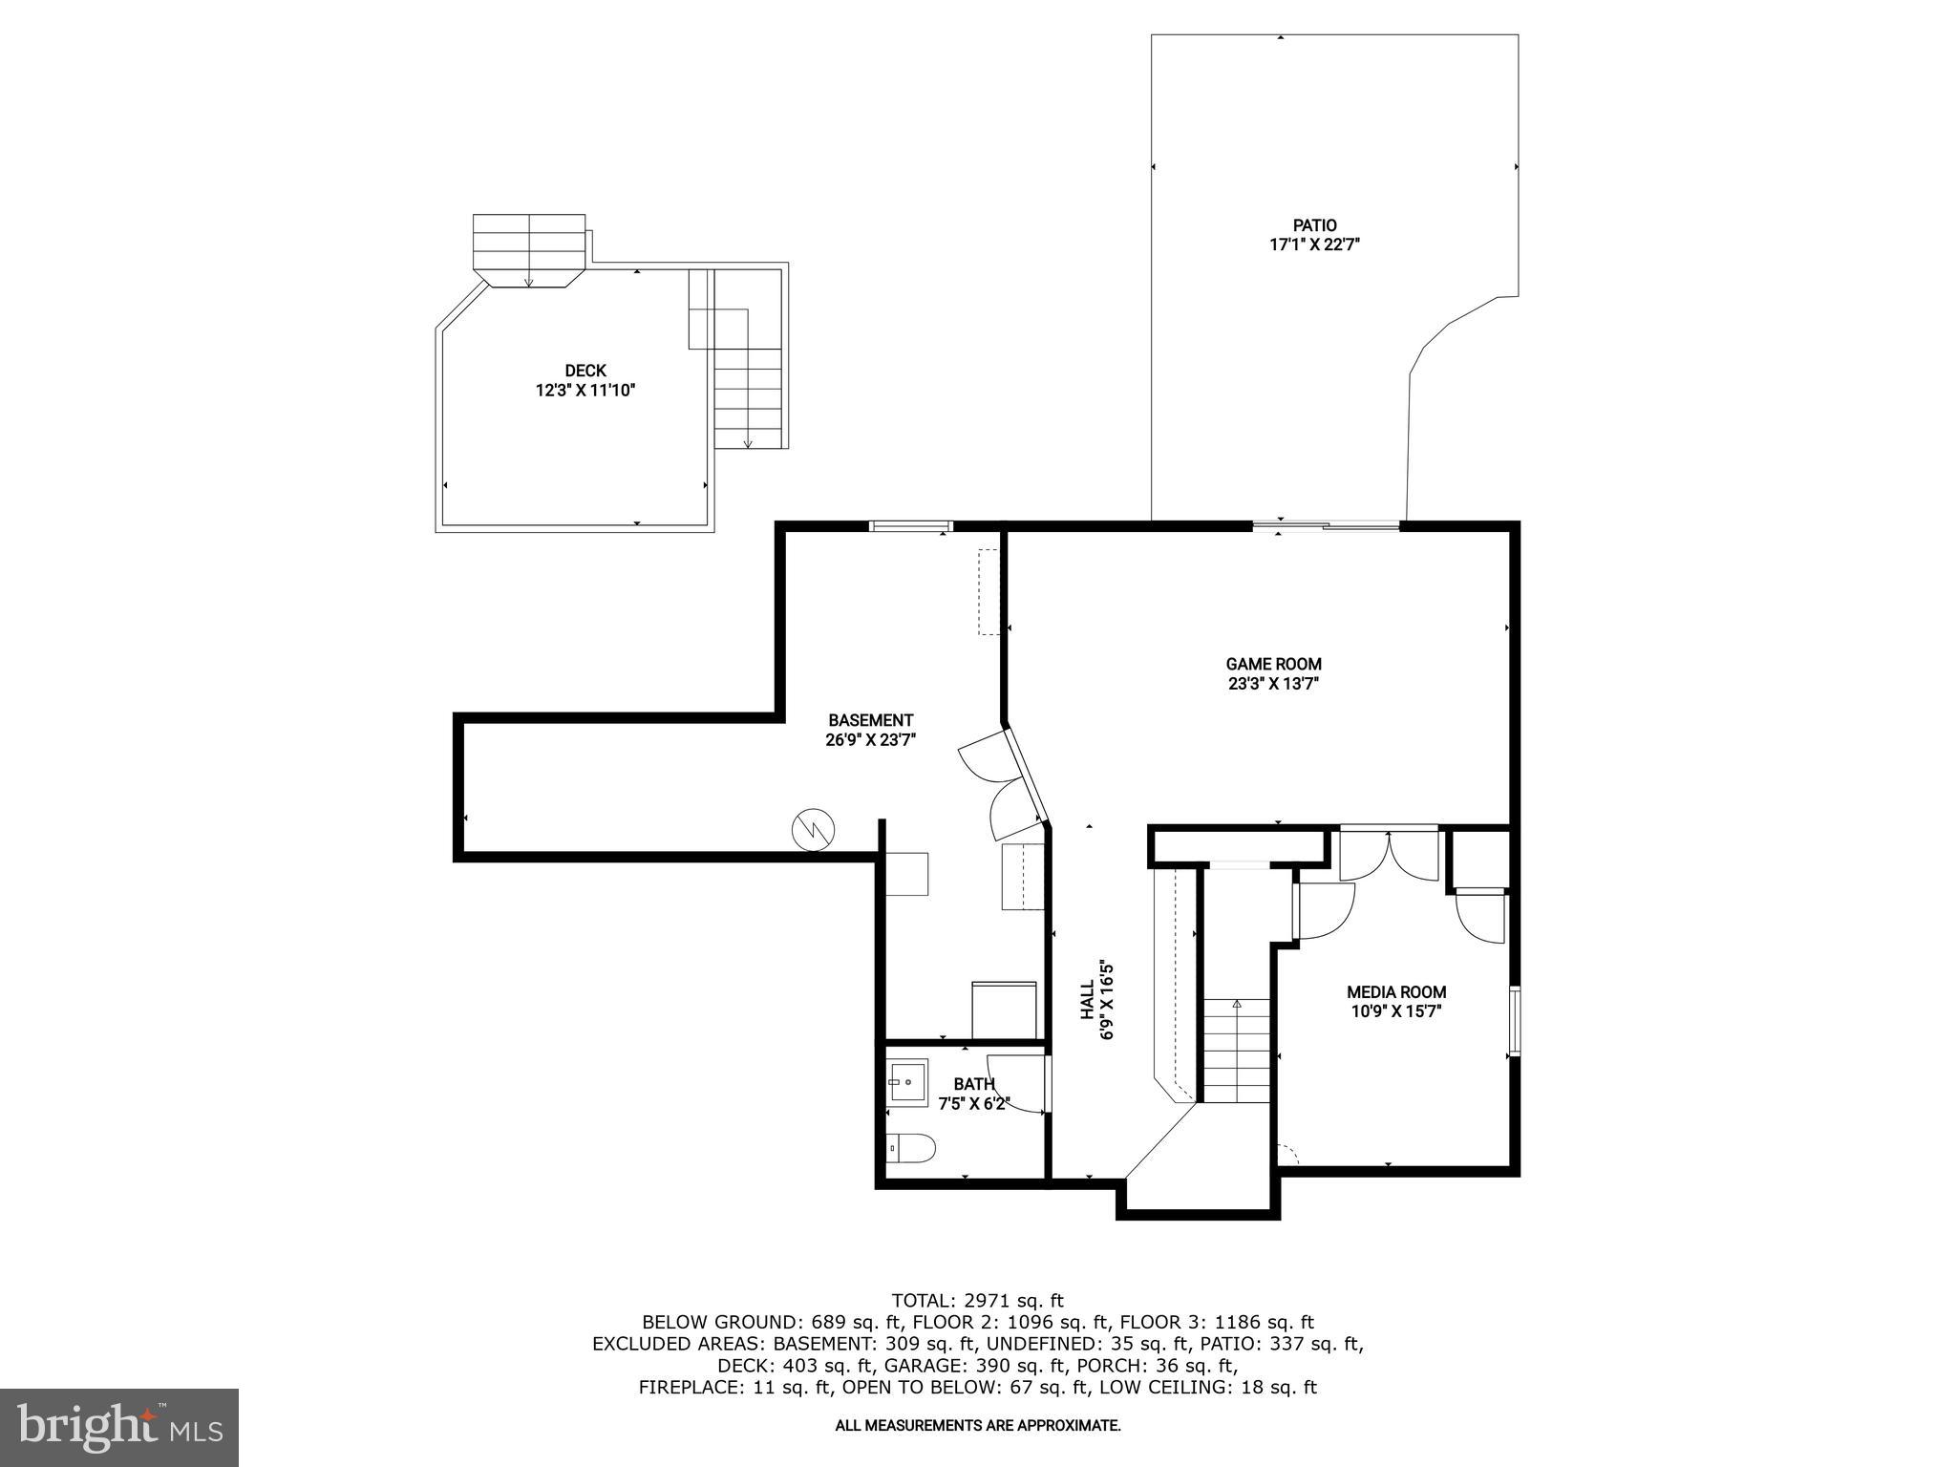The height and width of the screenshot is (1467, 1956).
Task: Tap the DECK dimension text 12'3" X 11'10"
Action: (585, 390)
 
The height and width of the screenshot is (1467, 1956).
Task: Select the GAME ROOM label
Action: (1273, 664)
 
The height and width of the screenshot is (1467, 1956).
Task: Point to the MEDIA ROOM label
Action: (1395, 992)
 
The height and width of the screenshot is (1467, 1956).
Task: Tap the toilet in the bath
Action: (908, 1147)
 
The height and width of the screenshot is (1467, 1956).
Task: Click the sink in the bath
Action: (906, 1082)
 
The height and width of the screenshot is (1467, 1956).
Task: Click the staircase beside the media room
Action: (1236, 1051)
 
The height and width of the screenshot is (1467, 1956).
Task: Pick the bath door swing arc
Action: (1014, 1084)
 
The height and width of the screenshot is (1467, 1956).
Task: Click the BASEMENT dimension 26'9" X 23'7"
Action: (870, 739)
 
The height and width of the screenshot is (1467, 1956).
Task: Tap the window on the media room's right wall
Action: (1514, 1021)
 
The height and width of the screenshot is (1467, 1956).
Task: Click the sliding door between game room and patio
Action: (1326, 524)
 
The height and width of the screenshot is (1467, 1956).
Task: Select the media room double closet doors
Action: (1389, 855)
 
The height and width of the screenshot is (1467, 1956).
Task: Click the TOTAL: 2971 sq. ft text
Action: (977, 1300)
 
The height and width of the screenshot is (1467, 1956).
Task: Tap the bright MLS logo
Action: (118, 1427)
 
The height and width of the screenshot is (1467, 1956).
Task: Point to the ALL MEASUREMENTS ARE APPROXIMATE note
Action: (977, 1426)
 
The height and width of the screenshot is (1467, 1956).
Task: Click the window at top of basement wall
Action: (910, 525)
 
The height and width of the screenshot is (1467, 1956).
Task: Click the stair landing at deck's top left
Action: (529, 248)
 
